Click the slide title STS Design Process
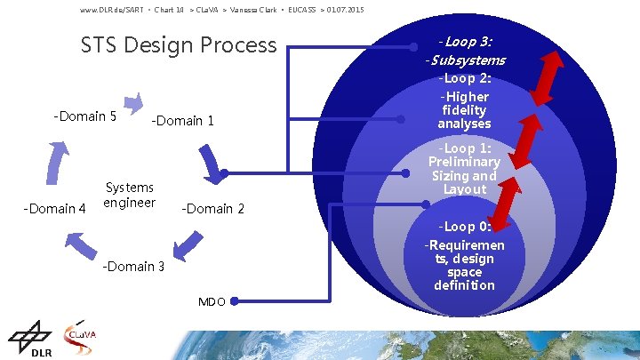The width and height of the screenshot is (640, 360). (179, 44)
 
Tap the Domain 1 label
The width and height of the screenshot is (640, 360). (183, 121)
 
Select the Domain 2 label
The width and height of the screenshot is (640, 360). (212, 209)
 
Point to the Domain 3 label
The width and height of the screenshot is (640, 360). (132, 266)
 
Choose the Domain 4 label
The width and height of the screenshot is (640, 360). (54, 209)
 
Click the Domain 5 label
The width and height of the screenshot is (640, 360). (85, 116)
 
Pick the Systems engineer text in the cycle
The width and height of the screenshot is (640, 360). (129, 195)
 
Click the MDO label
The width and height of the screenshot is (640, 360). (212, 302)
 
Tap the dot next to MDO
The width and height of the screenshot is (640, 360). (235, 302)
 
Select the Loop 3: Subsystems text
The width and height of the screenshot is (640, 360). (465, 51)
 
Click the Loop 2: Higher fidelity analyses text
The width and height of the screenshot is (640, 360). (465, 103)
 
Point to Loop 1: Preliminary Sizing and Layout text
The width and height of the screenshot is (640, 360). (464, 169)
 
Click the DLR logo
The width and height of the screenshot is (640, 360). (30, 340)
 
